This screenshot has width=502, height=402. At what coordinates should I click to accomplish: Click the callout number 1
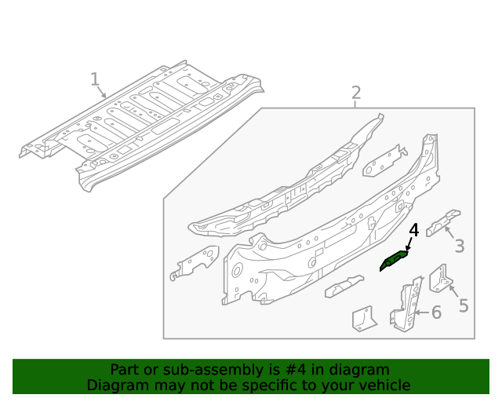tap(94, 79)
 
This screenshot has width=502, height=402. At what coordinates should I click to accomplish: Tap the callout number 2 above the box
tap(356, 93)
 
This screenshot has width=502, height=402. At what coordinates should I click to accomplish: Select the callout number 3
tap(459, 246)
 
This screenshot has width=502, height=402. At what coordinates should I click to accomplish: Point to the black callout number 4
tap(413, 231)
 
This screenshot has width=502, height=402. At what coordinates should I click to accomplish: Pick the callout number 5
tap(464, 305)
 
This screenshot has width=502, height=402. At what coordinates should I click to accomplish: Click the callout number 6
tap(436, 312)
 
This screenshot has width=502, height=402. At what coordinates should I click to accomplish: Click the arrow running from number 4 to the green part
tap(409, 244)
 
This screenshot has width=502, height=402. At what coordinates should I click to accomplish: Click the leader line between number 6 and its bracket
tap(423, 312)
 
